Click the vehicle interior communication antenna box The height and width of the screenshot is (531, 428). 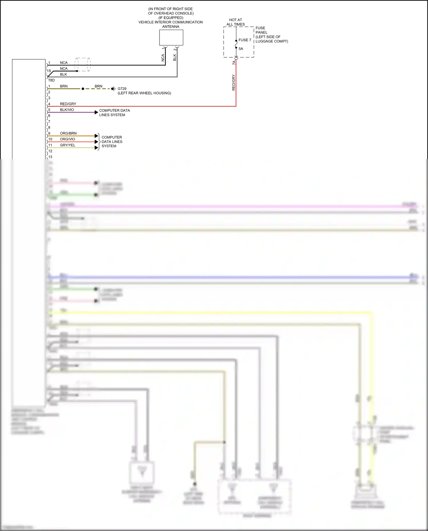point(171,38)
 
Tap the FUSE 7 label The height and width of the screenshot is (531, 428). point(245,40)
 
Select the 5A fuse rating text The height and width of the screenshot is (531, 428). point(241,49)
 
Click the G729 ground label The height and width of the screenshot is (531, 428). point(122,89)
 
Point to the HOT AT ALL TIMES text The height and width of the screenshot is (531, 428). point(235,22)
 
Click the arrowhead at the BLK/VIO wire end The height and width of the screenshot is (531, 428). point(96,112)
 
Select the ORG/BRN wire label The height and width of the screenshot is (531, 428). point(68,133)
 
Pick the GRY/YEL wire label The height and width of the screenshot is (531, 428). point(68,145)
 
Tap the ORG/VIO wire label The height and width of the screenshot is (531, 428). point(67,139)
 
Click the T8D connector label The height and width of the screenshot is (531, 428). point(51,80)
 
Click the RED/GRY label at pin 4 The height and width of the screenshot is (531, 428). point(68,104)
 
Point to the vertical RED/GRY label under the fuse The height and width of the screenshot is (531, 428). point(234,83)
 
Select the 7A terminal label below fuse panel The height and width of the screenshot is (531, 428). point(234,62)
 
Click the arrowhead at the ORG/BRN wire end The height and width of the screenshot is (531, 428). point(96,136)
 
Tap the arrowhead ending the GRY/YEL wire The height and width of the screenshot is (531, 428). point(96,148)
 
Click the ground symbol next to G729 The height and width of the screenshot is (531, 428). point(113,89)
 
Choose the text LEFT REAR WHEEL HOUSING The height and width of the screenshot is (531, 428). point(144,93)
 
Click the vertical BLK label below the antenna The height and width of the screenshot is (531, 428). point(175,58)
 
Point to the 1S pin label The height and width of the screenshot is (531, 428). point(49,71)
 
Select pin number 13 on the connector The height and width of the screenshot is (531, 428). point(50,157)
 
